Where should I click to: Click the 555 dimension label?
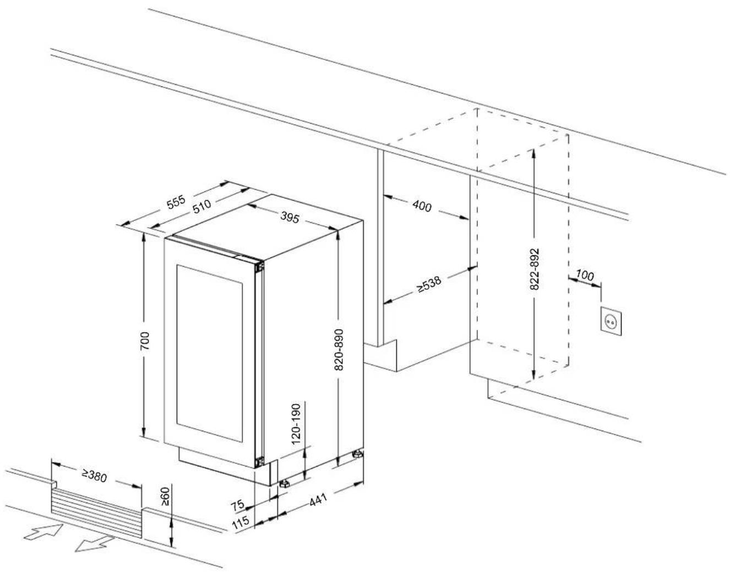[176, 202]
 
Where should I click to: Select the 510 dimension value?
[202, 206]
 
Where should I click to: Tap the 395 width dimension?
[290, 218]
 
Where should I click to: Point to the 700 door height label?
[145, 341]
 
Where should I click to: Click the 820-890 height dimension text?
[339, 350]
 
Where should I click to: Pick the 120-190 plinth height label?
[296, 424]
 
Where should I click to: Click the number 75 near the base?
[237, 506]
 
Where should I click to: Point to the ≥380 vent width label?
[94, 475]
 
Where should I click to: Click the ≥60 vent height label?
[165, 497]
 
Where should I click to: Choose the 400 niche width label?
[422, 206]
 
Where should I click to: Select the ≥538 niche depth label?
[429, 284]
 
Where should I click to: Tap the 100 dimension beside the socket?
[585, 276]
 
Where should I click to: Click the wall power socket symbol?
[611, 321]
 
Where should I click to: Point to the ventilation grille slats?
[96, 513]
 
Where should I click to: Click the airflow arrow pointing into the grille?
[43, 532]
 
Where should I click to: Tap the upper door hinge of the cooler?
[259, 267]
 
